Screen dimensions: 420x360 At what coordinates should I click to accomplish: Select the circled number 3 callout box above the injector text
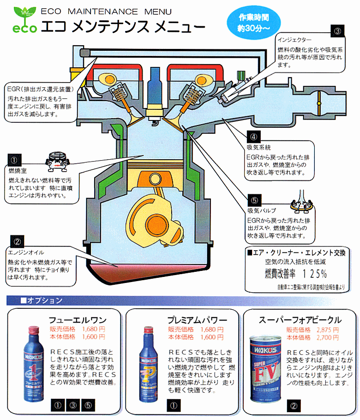338,31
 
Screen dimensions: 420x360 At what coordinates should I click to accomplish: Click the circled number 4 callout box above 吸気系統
253,137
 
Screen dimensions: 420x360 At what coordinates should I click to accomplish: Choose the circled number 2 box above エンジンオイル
17,241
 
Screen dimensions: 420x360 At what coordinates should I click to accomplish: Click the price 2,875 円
320,330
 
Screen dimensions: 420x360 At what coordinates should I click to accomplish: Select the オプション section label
42,301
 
